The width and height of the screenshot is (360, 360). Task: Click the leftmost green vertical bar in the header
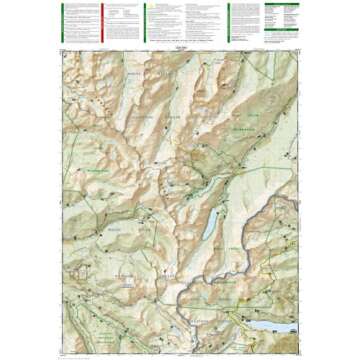tap(61, 20)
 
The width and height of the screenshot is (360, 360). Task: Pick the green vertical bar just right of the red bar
tap(146, 20)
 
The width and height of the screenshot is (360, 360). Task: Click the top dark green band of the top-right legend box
tap(282, 4)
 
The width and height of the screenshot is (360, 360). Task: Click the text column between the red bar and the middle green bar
tap(125, 20)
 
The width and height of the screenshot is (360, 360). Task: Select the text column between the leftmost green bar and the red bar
tap(82, 20)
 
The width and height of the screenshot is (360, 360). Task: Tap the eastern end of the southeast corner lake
tap(292, 327)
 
